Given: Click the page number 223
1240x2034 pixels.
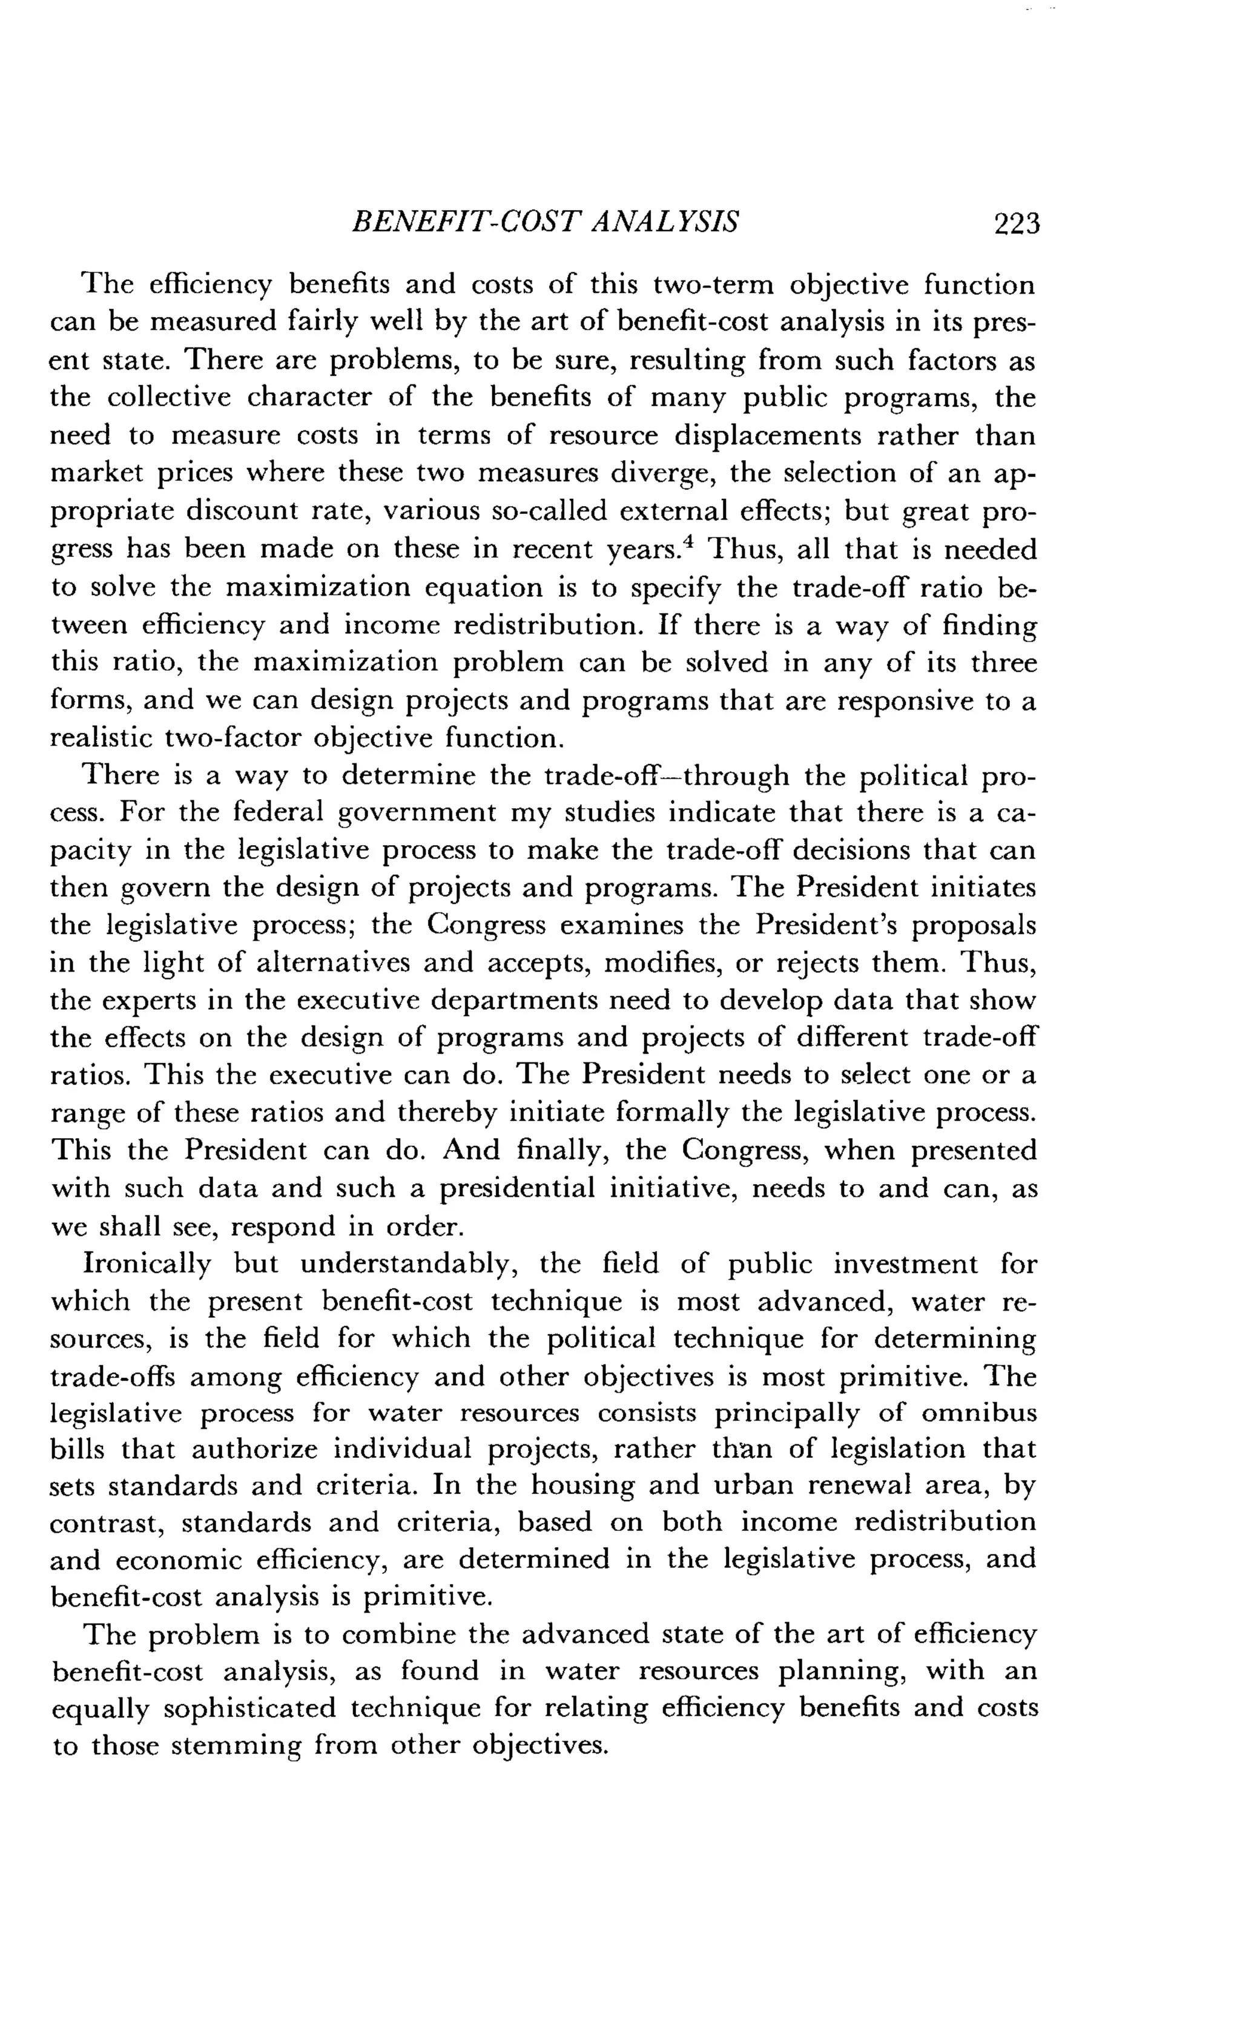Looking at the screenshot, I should (x=1017, y=225).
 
